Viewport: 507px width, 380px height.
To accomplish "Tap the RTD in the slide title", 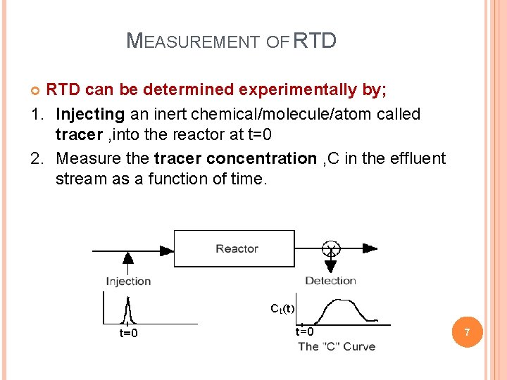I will (314, 41).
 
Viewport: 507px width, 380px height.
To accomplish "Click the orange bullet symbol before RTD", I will (37, 90).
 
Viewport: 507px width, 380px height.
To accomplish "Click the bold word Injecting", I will (90, 114).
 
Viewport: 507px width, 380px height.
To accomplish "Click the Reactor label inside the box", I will (237, 248).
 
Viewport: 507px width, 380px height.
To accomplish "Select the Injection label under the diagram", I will (128, 281).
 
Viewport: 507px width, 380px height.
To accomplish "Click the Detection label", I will (330, 281).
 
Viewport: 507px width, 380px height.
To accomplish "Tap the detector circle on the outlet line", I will (330, 248).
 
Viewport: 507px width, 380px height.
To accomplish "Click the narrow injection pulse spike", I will (127, 310).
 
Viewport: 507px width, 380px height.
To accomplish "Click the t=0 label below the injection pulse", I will (127, 333).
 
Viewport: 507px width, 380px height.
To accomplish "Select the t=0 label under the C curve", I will (304, 331).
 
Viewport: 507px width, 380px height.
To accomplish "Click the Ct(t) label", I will (282, 308).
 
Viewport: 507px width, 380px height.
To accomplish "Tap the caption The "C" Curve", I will (337, 346).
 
